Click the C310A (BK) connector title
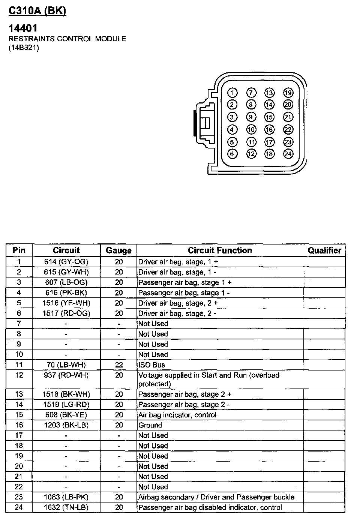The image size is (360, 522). pyautogui.click(x=37, y=11)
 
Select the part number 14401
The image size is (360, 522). pyautogui.click(x=23, y=28)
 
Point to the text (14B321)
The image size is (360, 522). pyautogui.click(x=24, y=48)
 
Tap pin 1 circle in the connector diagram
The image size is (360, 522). pyautogui.click(x=232, y=93)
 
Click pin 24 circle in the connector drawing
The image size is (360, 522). pyautogui.click(x=288, y=154)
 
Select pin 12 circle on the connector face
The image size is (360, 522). pyautogui.click(x=251, y=154)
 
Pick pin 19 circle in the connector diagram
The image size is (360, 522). pyautogui.click(x=288, y=93)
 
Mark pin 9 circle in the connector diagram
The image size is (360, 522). pyautogui.click(x=251, y=117)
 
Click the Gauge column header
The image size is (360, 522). pyautogui.click(x=118, y=250)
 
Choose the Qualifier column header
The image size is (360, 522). pyautogui.click(x=324, y=250)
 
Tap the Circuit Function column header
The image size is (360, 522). pyautogui.click(x=220, y=250)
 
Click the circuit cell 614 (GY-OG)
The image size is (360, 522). pyautogui.click(x=66, y=262)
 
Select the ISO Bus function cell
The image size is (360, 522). pyautogui.click(x=151, y=364)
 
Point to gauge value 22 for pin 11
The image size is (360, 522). pyautogui.click(x=119, y=364)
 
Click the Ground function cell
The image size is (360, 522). pyautogui.click(x=150, y=425)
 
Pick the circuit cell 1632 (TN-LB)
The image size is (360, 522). pyautogui.click(x=66, y=507)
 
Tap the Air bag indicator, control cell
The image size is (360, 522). pyautogui.click(x=177, y=415)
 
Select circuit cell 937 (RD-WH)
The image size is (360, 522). pyautogui.click(x=66, y=375)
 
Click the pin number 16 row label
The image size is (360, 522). pyautogui.click(x=19, y=425)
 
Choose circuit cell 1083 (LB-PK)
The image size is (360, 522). pyautogui.click(x=66, y=497)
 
